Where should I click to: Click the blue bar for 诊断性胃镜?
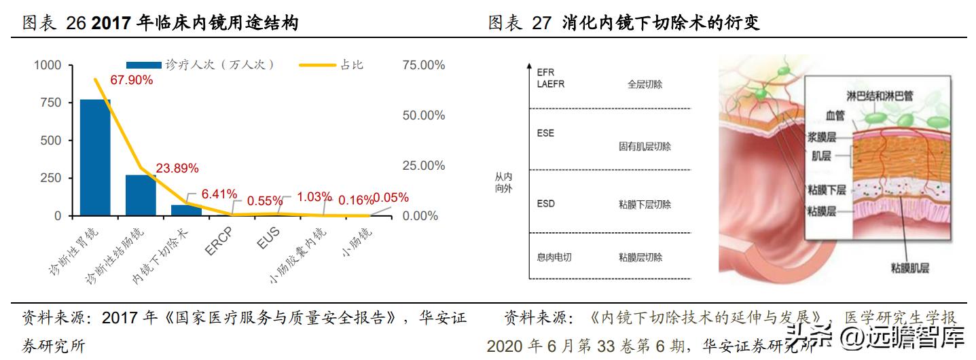[x=95, y=158]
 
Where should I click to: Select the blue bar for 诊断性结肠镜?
[x=141, y=196]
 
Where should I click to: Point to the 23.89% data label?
[x=177, y=168]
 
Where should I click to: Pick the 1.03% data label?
[x=314, y=197]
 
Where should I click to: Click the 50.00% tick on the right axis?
[x=424, y=115]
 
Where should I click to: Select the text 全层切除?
[x=645, y=85]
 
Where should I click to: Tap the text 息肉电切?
[x=554, y=257]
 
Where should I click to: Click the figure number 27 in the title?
[x=541, y=24]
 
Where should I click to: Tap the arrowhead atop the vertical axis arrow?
[x=528, y=67]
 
